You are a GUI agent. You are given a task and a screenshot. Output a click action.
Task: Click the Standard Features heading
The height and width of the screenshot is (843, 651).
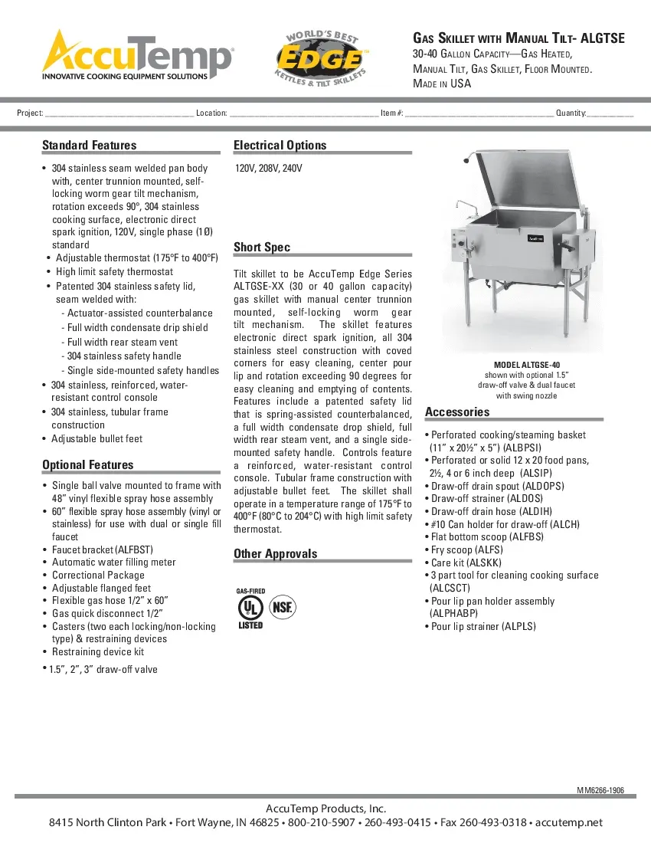tap(89, 146)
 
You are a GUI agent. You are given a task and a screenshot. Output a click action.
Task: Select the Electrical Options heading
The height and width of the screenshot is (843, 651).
tap(280, 146)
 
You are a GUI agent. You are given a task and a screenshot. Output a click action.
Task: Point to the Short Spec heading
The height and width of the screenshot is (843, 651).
tap(261, 248)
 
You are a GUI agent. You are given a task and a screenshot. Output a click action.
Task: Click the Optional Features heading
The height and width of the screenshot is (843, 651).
tap(87, 465)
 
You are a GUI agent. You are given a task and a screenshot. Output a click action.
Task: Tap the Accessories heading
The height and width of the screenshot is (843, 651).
tap(456, 412)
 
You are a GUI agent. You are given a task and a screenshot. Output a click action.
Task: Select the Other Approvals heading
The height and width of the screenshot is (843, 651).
tap(275, 554)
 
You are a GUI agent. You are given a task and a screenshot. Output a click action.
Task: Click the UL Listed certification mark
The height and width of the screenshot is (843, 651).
tap(250, 608)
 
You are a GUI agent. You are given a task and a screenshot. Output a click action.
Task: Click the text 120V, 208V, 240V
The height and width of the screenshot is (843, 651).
tap(268, 168)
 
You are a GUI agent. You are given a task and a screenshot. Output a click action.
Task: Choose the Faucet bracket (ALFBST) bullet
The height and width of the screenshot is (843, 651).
tap(103, 549)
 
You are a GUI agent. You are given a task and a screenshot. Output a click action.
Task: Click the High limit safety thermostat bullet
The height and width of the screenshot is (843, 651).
tap(114, 271)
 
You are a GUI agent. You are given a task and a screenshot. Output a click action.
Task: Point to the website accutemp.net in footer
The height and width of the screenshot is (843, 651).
tap(568, 823)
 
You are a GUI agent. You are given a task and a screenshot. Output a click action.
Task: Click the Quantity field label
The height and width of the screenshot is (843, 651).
tap(571, 113)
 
